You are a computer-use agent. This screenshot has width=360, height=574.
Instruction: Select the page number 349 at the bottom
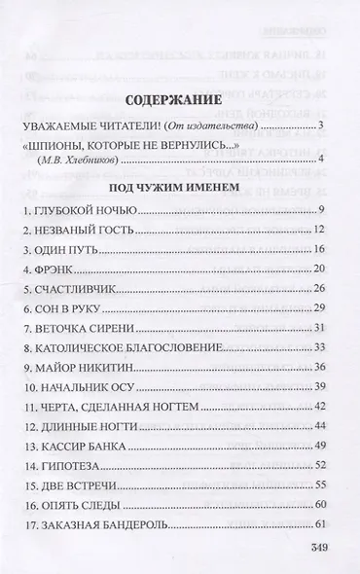[x=322, y=551]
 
